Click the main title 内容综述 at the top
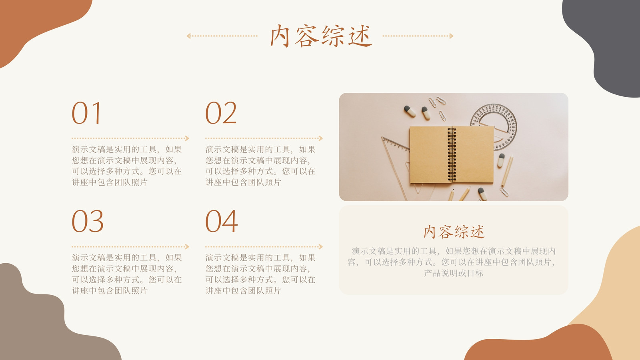(321, 36)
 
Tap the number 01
(86, 113)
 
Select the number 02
(221, 113)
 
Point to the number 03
(88, 221)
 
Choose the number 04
(222, 221)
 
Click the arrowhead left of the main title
(188, 36)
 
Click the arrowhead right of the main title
(451, 36)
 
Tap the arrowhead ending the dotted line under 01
(187, 138)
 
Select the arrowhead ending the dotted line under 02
(320, 138)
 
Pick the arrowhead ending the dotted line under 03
(187, 246)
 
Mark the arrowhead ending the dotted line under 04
(320, 246)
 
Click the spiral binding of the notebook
(452, 154)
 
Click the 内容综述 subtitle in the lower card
(454, 232)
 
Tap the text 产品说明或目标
(454, 273)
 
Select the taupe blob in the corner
(43, 323)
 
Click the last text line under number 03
(110, 290)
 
